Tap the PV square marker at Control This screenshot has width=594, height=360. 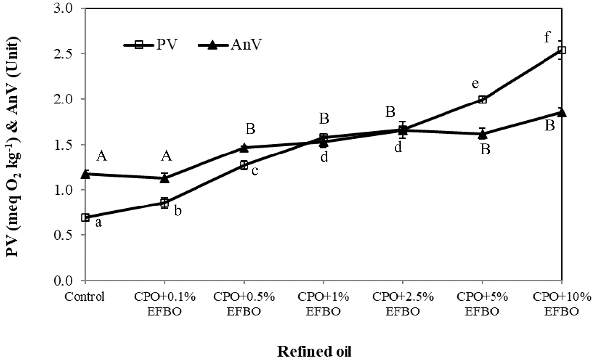tap(85, 218)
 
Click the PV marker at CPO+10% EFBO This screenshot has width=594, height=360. tap(562, 50)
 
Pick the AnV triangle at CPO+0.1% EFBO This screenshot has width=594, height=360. tap(164, 178)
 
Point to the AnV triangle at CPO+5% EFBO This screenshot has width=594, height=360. tap(483, 134)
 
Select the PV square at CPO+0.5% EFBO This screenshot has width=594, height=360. tap(244, 165)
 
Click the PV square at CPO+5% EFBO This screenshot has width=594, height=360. tap(483, 100)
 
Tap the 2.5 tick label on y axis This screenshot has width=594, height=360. tap(64, 54)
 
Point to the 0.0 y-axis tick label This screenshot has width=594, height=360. tap(64, 281)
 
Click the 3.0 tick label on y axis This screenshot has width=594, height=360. tap(64, 9)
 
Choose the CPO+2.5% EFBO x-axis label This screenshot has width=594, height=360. tap(403, 304)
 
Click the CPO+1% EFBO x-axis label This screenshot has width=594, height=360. tap(323, 304)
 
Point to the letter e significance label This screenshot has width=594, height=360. tap(475, 84)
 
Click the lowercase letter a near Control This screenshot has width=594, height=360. tap(98, 223)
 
